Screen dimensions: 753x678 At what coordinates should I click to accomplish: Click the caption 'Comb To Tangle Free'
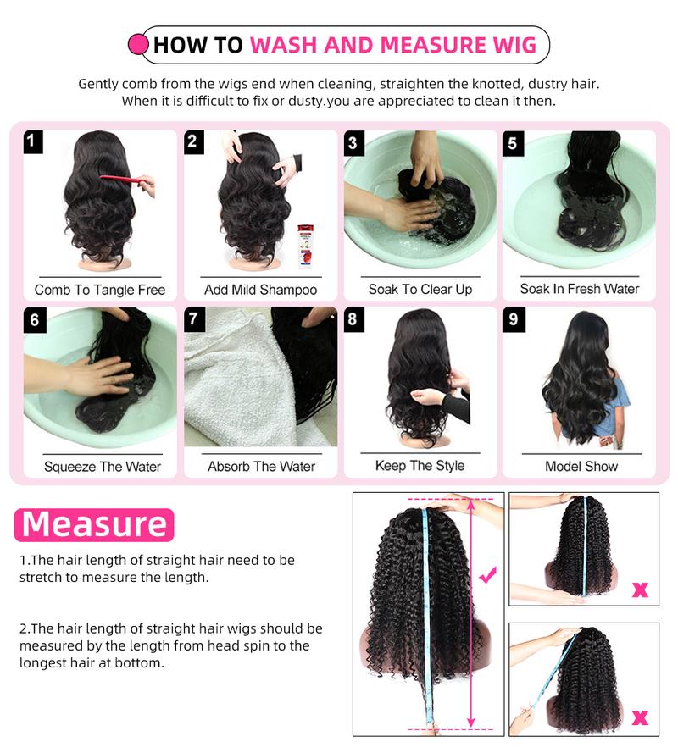click(x=100, y=290)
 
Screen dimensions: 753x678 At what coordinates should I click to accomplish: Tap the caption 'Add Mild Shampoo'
click(x=260, y=290)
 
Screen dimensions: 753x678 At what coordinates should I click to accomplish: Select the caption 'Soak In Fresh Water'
click(x=580, y=290)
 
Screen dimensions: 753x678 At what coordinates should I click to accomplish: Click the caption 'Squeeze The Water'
click(x=102, y=467)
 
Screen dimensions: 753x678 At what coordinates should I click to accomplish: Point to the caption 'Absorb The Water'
click(x=261, y=467)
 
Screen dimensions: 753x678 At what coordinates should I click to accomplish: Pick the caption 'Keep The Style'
click(x=420, y=466)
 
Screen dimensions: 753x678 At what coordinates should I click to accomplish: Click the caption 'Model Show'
click(x=581, y=467)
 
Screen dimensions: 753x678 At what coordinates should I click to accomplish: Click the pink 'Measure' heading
click(x=94, y=524)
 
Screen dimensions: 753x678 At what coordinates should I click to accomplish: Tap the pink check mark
click(x=487, y=577)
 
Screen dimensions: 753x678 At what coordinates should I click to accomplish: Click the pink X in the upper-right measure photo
click(x=640, y=589)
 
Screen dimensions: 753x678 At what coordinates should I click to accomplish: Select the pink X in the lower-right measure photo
click(x=640, y=718)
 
